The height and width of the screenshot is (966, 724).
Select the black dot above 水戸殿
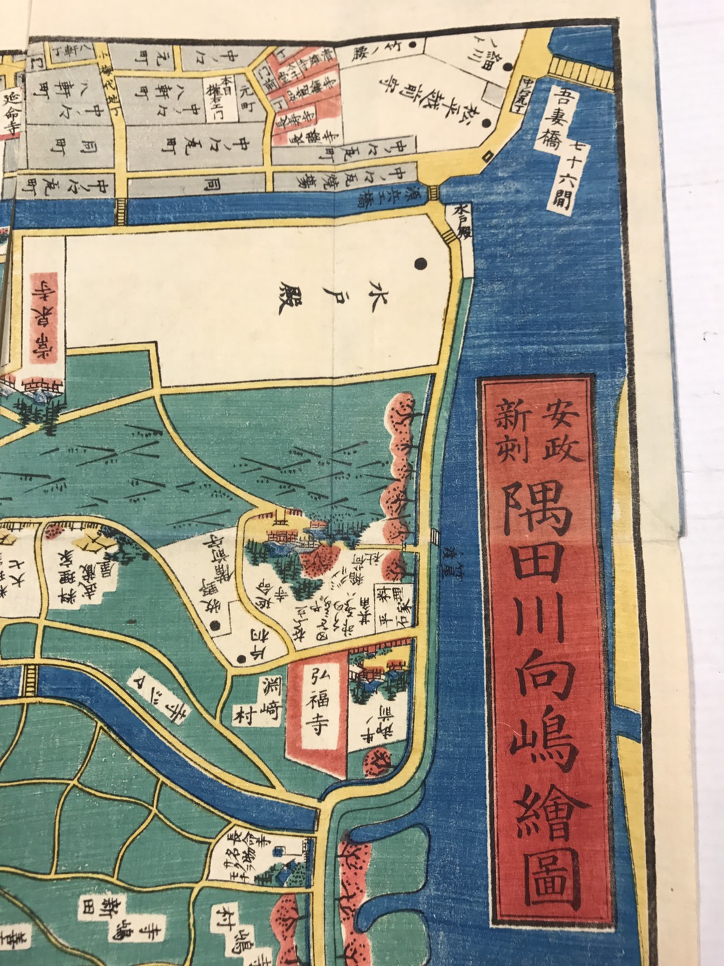(420, 263)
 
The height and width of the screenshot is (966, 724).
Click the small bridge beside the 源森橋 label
(431, 193)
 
